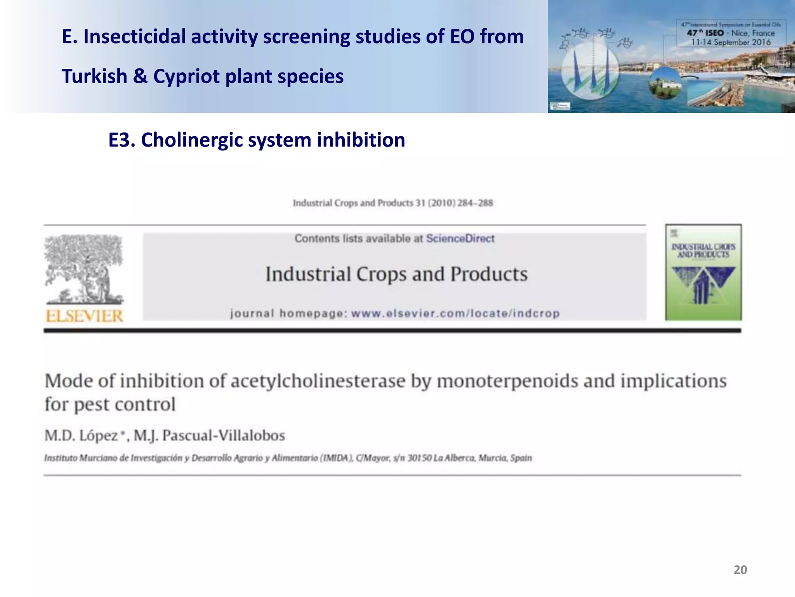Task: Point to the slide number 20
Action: [740, 570]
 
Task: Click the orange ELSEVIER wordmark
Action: [84, 316]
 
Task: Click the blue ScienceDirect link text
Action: [460, 238]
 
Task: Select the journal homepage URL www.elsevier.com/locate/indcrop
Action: [455, 313]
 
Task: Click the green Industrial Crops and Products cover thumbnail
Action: [703, 272]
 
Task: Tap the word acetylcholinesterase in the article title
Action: [318, 381]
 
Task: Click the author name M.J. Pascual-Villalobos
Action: [210, 435]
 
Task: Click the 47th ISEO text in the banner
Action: [705, 33]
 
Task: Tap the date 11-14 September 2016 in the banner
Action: [731, 42]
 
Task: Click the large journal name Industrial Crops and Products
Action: [396, 274]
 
